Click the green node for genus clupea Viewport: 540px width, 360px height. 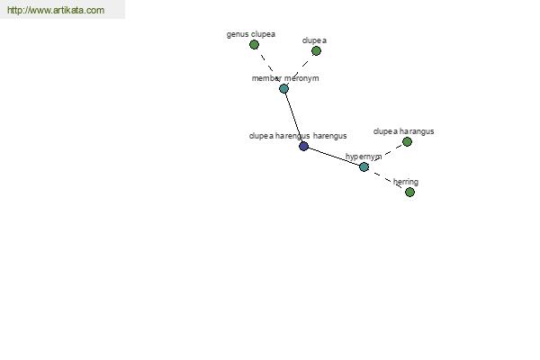pyautogui.click(x=254, y=45)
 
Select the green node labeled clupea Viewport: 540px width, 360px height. pyautogui.click(x=316, y=51)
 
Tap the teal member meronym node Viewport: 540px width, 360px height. pyautogui.click(x=283, y=89)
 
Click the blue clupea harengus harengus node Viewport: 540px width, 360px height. pyautogui.click(x=303, y=146)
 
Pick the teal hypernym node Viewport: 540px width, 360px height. pyautogui.click(x=364, y=167)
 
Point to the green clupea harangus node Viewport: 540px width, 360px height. pyautogui.click(x=407, y=142)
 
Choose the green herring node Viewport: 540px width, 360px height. pyautogui.click(x=409, y=193)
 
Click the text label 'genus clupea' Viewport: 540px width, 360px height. pyautogui.click(x=251, y=34)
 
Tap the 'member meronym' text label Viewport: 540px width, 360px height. pyautogui.click(x=285, y=78)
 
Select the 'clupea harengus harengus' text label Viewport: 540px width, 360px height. pyautogui.click(x=298, y=136)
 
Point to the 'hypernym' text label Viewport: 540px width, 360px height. pyautogui.click(x=364, y=157)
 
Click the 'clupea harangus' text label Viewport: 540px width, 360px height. pyautogui.click(x=403, y=131)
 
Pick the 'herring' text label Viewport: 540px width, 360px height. pyautogui.click(x=406, y=182)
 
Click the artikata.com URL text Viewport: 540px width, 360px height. pyautogui.click(x=56, y=10)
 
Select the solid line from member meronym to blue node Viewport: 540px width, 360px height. pyautogui.click(x=293, y=118)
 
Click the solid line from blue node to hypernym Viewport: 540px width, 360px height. pyautogui.click(x=334, y=157)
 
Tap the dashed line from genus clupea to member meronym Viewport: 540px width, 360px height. pyautogui.click(x=269, y=67)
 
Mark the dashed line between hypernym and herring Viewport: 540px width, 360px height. pyautogui.click(x=387, y=179)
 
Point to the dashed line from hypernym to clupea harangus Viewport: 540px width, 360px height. pyautogui.click(x=386, y=154)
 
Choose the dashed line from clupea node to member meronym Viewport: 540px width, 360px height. pyautogui.click(x=300, y=70)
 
